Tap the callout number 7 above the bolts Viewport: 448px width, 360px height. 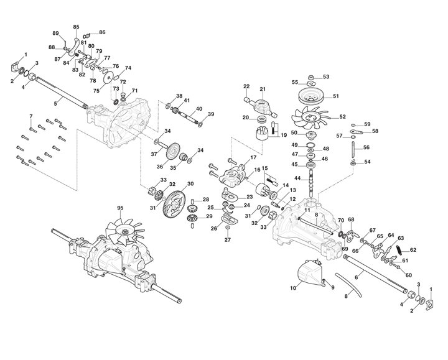[31, 116]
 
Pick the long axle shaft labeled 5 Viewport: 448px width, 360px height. [59, 93]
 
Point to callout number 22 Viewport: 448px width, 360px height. [246, 86]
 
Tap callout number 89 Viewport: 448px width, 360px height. [55, 32]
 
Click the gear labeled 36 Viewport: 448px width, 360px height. [175, 152]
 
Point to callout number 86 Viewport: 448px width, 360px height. [102, 32]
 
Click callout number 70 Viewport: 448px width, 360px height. [341, 221]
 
